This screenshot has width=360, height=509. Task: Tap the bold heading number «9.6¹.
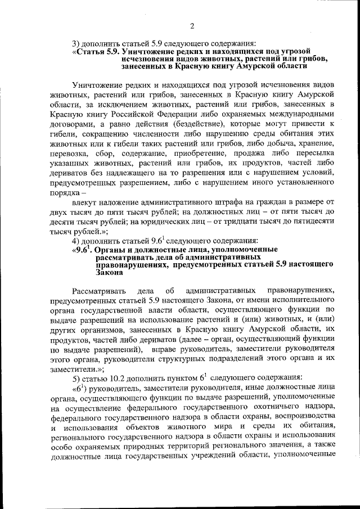point(83,249)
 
